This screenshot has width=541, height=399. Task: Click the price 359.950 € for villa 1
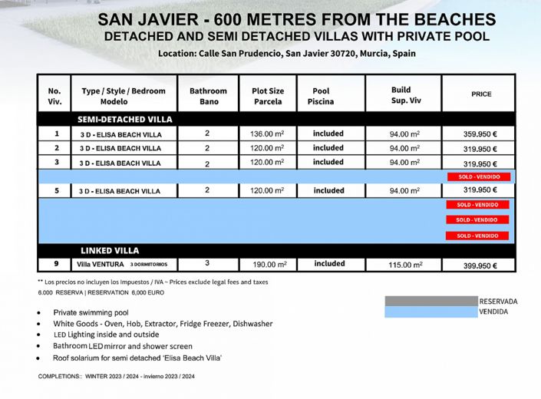coord(480,134)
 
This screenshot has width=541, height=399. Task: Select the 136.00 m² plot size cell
coord(267,134)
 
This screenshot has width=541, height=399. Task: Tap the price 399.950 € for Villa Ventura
coord(480,265)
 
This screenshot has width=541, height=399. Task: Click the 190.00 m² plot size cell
coord(268,265)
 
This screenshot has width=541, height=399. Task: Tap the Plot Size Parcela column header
coord(268,96)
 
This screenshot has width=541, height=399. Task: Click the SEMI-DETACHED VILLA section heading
coord(125,120)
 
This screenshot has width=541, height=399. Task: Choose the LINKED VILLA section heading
coord(110,251)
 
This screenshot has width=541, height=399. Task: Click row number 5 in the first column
coord(56,190)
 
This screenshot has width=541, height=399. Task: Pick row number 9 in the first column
coord(56,264)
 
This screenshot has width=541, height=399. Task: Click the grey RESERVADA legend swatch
coord(430,302)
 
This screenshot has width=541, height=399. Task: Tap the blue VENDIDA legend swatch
coord(430,312)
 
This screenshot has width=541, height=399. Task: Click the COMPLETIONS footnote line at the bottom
coord(116,377)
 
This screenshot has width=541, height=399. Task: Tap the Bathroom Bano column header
coord(209,96)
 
